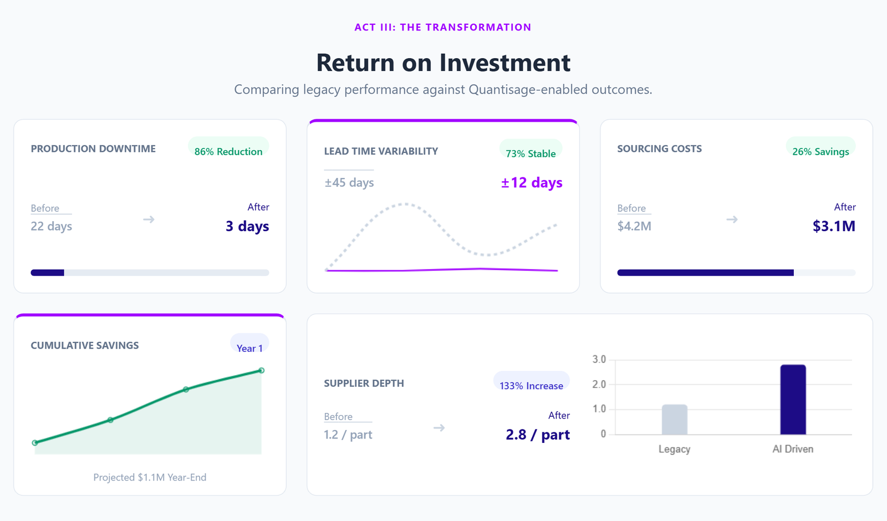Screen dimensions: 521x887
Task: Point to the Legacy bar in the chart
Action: click(674, 420)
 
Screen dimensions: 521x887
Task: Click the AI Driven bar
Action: click(793, 400)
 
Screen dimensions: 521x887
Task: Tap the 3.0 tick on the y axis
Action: click(599, 360)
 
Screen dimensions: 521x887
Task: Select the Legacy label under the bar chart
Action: click(674, 449)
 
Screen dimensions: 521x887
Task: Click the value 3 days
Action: click(247, 226)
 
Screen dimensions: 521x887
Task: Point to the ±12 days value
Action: click(532, 182)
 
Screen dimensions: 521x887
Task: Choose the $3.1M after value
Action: click(834, 226)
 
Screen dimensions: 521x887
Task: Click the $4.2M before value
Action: click(634, 226)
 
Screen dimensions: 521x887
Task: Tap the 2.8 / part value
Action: click(538, 435)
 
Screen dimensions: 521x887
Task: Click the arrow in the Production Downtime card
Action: click(149, 219)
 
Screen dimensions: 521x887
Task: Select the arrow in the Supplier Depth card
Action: click(439, 428)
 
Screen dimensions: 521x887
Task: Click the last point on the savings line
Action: click(262, 370)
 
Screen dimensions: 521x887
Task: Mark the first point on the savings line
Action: click(35, 443)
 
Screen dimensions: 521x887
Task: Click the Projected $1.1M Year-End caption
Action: click(150, 477)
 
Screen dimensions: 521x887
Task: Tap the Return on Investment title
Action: click(443, 63)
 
